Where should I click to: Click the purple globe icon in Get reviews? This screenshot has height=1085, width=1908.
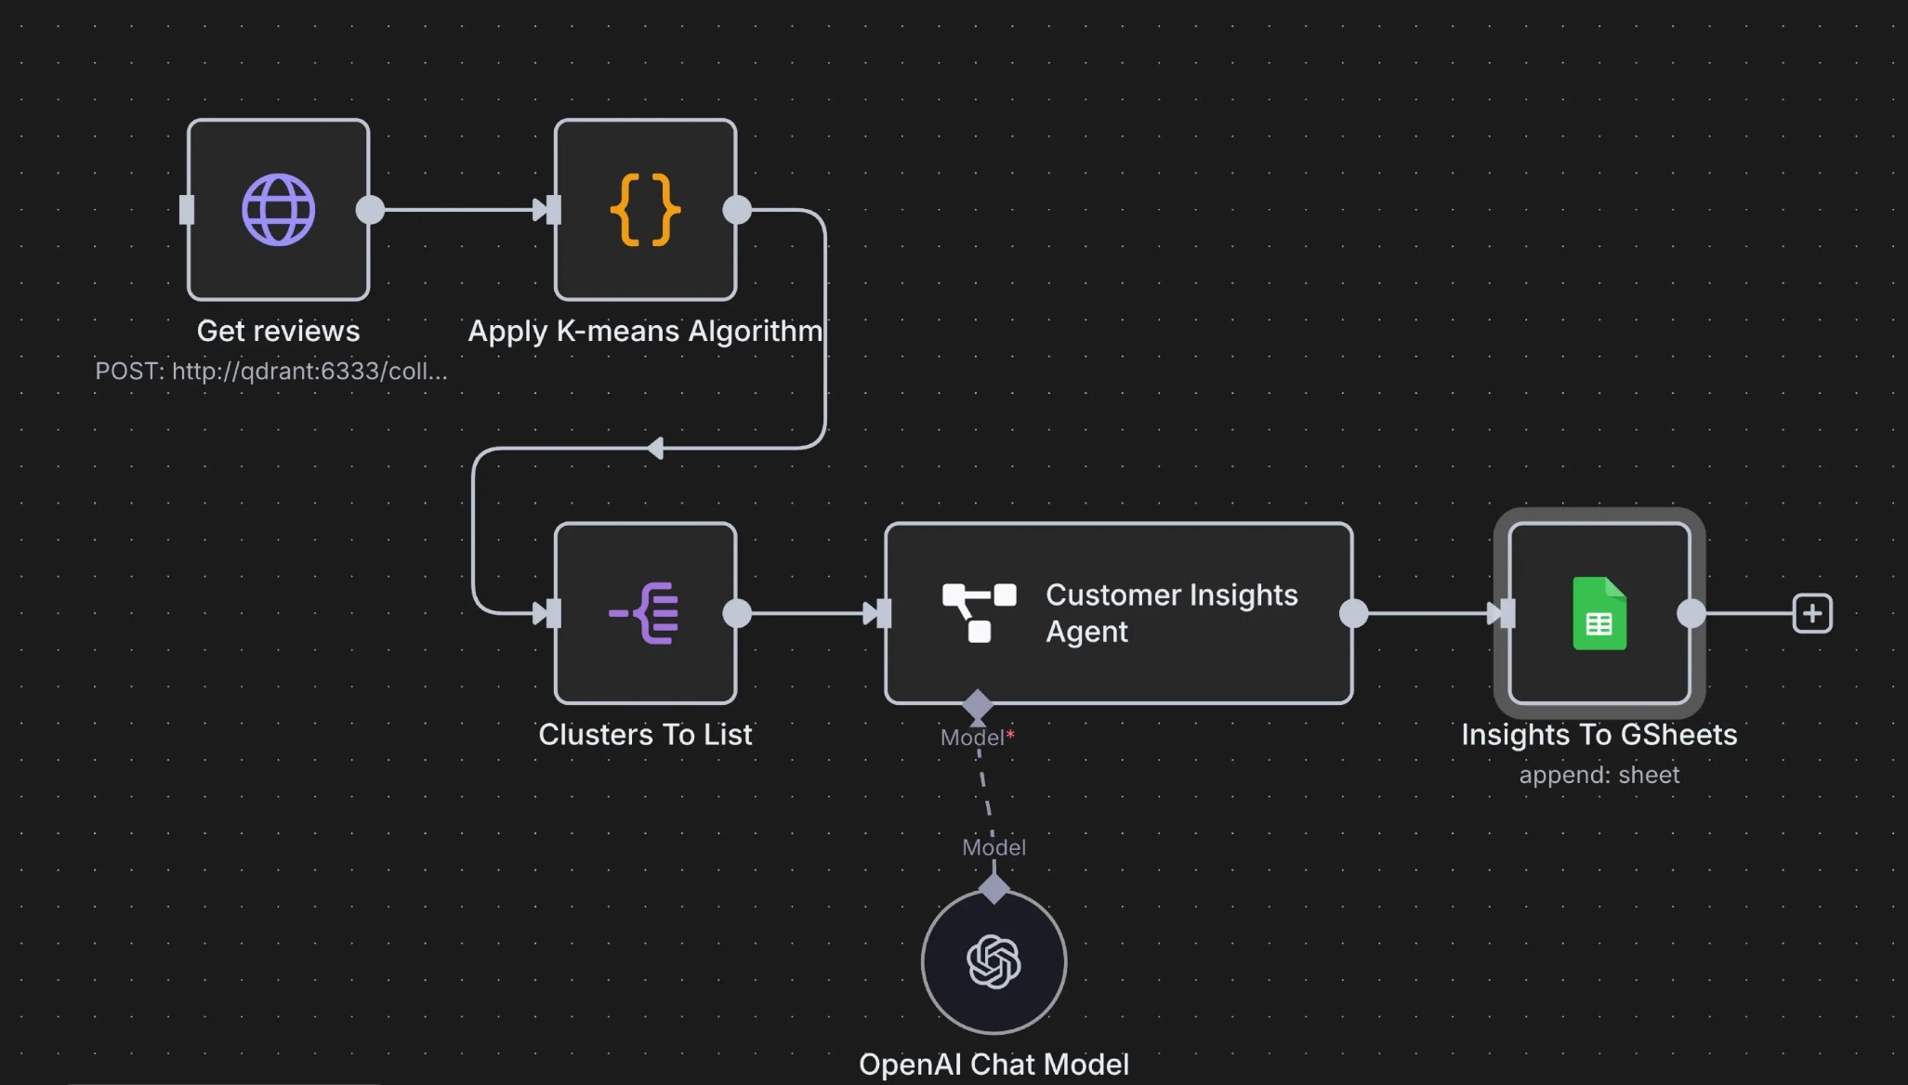click(x=278, y=210)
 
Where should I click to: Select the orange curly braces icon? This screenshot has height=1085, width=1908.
click(x=645, y=210)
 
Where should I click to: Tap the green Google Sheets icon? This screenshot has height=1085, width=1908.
click(x=1599, y=613)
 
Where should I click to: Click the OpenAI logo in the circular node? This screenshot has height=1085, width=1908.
click(x=993, y=961)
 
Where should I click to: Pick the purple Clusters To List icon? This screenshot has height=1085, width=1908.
click(x=644, y=613)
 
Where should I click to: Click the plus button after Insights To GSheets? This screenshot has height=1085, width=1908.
click(x=1811, y=613)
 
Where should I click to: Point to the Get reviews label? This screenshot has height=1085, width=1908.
click(x=278, y=331)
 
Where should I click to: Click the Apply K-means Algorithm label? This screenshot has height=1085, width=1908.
click(x=645, y=332)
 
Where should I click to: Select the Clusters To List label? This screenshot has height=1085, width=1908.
click(x=645, y=735)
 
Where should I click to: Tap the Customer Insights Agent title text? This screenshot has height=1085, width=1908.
click(x=1171, y=613)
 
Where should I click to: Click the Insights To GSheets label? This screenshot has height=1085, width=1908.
click(x=1599, y=735)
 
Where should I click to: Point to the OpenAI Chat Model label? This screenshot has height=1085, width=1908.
click(x=993, y=1065)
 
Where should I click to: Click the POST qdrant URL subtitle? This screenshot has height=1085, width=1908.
click(x=271, y=372)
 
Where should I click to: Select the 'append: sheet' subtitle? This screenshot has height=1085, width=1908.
click(x=1599, y=775)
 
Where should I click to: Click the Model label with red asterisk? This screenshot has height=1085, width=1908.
click(x=977, y=738)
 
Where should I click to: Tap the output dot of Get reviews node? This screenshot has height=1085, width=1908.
click(x=370, y=210)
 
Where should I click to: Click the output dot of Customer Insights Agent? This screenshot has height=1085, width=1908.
click(x=1353, y=613)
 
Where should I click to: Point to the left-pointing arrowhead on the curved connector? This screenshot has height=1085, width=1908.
click(x=655, y=449)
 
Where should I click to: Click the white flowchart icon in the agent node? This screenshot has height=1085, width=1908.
click(x=980, y=613)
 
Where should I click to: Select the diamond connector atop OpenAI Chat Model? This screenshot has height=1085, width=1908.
click(x=993, y=889)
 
